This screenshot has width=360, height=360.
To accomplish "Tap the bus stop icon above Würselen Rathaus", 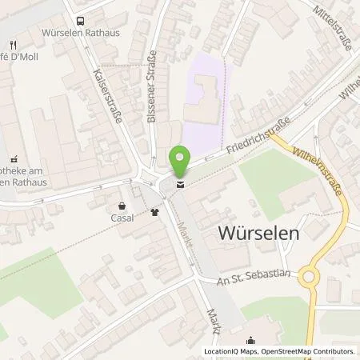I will tap(79, 22).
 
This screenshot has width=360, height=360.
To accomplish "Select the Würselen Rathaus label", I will tap(79, 35).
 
